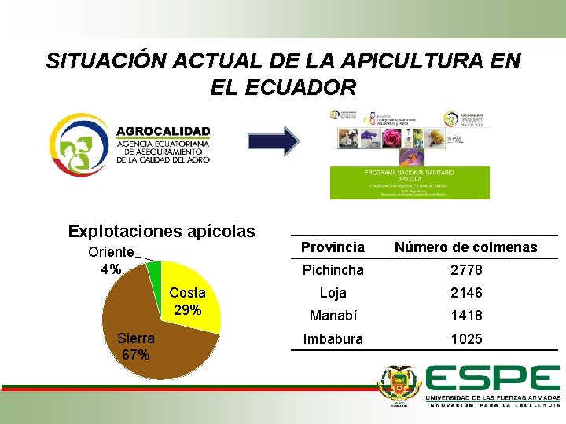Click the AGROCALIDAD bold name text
coord(163,131)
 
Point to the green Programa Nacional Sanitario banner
coord(408,180)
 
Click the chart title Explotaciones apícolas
coord(161,232)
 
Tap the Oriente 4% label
coord(111,261)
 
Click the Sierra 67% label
coord(135,346)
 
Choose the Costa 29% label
coord(187,302)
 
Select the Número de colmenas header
coord(465,247)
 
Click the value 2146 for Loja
coord(465,293)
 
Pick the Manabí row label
coord(333,316)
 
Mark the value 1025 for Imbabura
coord(465,339)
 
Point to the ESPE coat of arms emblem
coord(400,386)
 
